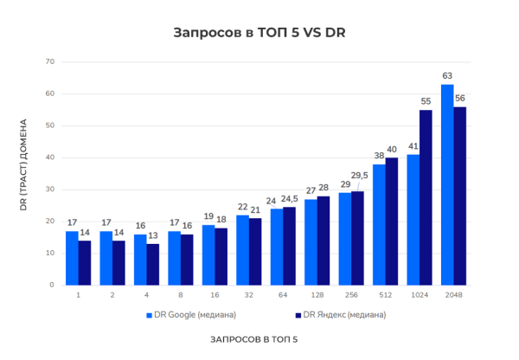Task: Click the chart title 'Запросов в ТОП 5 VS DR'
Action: [259, 34]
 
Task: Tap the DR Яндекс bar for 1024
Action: [426, 197]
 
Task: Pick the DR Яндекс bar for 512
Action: [392, 221]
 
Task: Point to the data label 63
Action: [447, 76]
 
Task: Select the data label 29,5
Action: [360, 176]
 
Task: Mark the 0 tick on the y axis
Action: [51, 285]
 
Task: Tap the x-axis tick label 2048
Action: [453, 294]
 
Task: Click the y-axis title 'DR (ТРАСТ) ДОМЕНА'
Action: [24, 173]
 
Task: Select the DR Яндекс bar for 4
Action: [153, 264]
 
